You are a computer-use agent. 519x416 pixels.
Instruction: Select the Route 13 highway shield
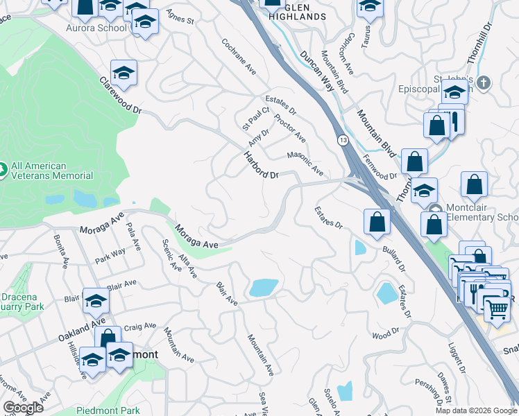343,140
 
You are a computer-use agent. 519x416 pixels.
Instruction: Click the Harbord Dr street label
260,164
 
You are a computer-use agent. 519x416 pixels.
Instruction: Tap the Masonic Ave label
305,164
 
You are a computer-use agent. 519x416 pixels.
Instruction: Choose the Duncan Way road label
316,70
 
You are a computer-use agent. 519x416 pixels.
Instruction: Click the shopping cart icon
497,309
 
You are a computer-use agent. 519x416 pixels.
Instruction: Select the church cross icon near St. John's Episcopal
484,83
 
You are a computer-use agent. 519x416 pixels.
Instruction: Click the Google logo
24,408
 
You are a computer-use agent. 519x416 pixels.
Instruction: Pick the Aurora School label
96,28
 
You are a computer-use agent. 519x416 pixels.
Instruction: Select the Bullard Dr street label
393,255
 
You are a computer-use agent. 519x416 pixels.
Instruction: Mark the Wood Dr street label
382,335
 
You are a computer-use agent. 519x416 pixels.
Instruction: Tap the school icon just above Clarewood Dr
124,73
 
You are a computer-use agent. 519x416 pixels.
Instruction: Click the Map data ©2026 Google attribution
475,410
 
